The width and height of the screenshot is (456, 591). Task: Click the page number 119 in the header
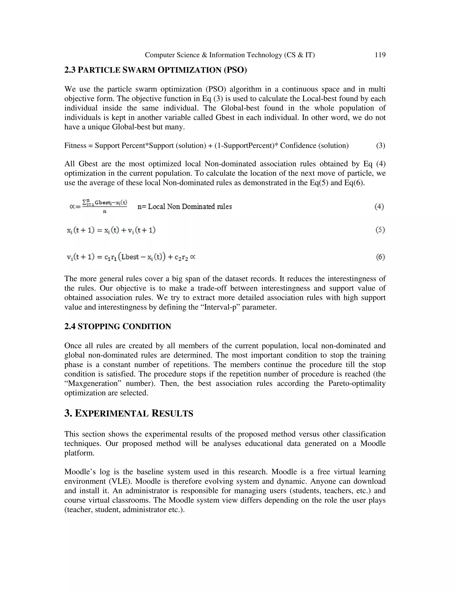point(380,55)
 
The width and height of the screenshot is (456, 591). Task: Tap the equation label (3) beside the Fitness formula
point(380,146)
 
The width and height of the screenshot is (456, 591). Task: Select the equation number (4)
point(379,207)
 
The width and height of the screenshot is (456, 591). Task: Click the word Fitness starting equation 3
point(74,146)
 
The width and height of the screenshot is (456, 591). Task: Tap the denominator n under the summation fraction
point(105,212)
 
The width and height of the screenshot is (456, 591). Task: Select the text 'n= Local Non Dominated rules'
point(185,207)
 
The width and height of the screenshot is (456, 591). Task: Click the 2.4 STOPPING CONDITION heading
point(118,327)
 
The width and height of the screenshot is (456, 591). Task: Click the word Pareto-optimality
point(357,383)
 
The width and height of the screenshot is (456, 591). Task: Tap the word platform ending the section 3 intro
point(79,453)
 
